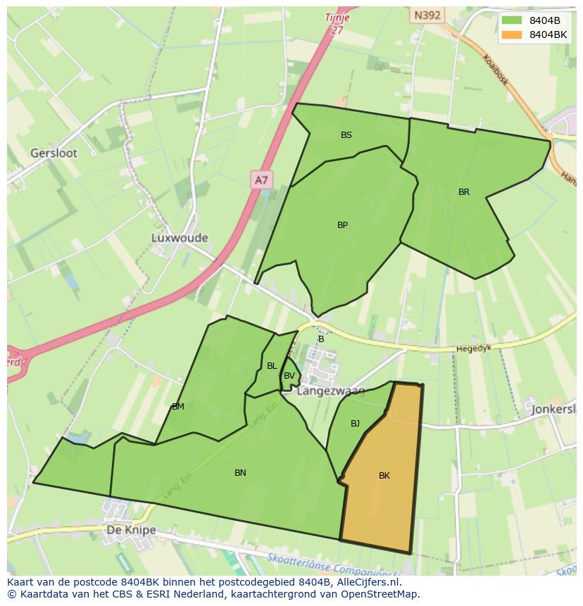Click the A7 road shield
point(261,180)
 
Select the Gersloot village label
point(54,153)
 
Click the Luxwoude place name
point(180,238)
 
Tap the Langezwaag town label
point(330,391)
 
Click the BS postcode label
point(346,135)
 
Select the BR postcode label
point(464,192)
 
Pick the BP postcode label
point(342,225)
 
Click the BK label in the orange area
point(384,476)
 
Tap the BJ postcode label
point(355,424)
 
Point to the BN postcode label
point(240,473)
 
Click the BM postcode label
point(178,407)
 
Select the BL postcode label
point(272,366)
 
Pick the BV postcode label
point(289,376)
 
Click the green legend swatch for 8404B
point(512,20)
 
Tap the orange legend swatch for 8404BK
point(512,34)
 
